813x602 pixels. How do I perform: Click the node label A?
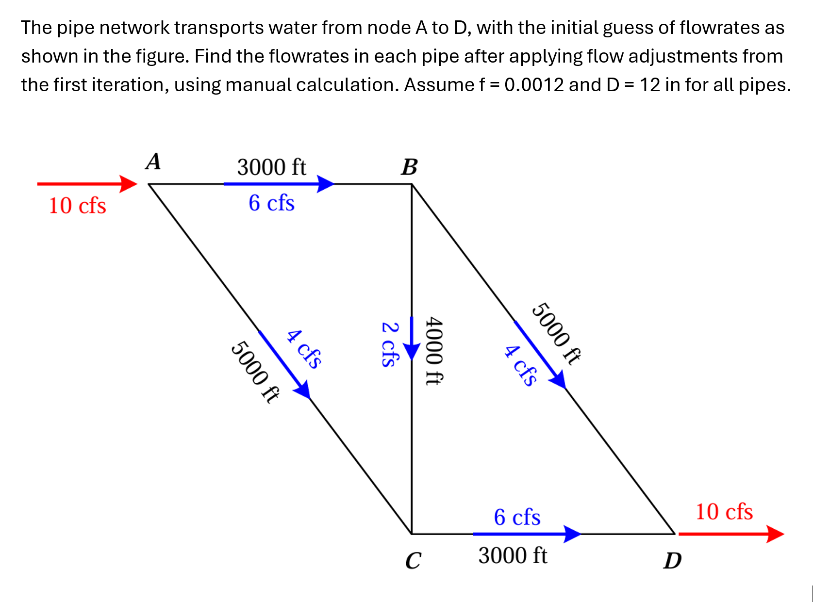click(153, 162)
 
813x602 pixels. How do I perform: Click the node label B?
click(409, 167)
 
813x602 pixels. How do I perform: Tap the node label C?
click(413, 561)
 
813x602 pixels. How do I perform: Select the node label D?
click(673, 561)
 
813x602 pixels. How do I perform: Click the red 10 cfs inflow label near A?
click(77, 206)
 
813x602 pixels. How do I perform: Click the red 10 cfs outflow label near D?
click(724, 512)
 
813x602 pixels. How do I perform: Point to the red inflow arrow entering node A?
click(87, 184)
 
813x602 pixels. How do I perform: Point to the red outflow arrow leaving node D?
click(730, 534)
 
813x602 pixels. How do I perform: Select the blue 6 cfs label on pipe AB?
click(271, 203)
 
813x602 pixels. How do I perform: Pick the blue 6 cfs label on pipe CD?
click(517, 518)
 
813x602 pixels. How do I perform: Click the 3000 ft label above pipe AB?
click(271, 168)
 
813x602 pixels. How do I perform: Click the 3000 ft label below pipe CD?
click(513, 556)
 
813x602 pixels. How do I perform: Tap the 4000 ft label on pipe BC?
click(433, 351)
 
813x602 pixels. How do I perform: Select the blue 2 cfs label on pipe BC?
click(390, 344)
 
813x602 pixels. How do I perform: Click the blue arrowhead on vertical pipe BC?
click(412, 351)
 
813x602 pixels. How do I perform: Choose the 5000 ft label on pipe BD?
click(556, 333)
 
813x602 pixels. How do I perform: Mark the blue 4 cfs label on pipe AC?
click(304, 349)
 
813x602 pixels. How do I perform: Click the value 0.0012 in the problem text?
click(534, 85)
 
